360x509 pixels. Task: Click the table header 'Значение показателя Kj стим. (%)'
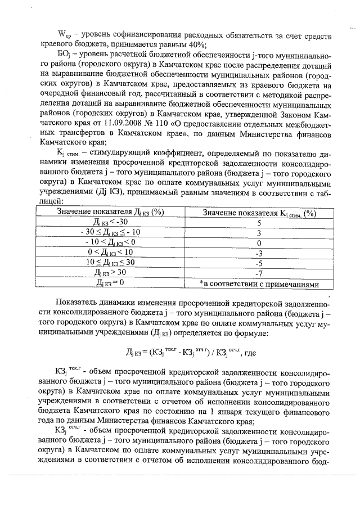click(x=259, y=212)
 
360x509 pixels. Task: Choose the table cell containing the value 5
click(x=259, y=222)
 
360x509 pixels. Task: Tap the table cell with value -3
click(x=259, y=253)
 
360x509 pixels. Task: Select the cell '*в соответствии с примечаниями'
click(x=259, y=283)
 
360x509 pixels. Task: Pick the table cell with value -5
click(x=259, y=263)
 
